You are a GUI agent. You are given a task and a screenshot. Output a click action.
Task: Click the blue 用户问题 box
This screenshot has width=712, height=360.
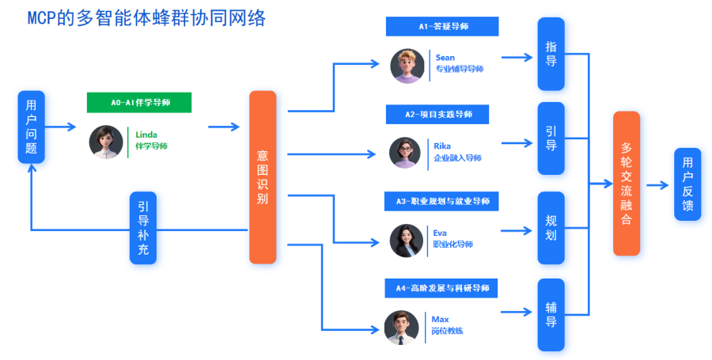tap(31, 127)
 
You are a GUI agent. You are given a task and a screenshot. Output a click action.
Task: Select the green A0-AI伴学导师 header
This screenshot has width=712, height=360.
tap(140, 102)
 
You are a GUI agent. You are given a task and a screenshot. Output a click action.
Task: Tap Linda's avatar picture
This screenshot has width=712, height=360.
tap(106, 142)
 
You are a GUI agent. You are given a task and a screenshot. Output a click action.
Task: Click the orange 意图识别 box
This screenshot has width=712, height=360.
tap(263, 176)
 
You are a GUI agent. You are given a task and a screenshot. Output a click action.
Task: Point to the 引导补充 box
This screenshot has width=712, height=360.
tap(143, 227)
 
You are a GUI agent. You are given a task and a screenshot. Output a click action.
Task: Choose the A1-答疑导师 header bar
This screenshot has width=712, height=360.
tap(442, 27)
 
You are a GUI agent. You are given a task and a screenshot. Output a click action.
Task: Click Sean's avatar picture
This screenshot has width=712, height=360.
tap(407, 65)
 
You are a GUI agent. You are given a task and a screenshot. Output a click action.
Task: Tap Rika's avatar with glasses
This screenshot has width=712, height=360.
tap(405, 153)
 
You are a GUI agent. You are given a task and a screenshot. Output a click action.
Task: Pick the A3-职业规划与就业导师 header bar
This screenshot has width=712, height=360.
tap(442, 202)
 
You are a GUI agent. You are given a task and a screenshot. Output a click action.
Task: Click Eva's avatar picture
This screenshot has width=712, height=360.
tap(406, 240)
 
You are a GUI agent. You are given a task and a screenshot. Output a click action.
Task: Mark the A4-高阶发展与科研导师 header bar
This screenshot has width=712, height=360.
tap(442, 288)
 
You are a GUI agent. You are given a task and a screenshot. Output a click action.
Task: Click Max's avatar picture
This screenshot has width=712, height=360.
tap(401, 327)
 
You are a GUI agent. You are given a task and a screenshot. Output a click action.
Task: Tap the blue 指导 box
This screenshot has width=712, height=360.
tap(551, 54)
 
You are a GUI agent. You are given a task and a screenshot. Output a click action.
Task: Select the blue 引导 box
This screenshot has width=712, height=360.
tap(551, 138)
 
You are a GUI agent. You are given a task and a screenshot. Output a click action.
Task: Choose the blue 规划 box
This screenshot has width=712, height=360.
tap(551, 227)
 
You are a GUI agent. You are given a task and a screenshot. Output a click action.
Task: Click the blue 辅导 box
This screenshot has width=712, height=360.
tap(551, 314)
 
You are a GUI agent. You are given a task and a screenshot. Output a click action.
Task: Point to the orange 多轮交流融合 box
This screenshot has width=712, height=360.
tap(627, 183)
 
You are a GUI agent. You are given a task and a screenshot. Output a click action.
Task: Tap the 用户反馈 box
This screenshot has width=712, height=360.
tap(687, 184)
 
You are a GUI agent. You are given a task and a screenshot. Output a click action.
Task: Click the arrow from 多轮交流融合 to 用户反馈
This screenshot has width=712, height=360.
tap(657, 184)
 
